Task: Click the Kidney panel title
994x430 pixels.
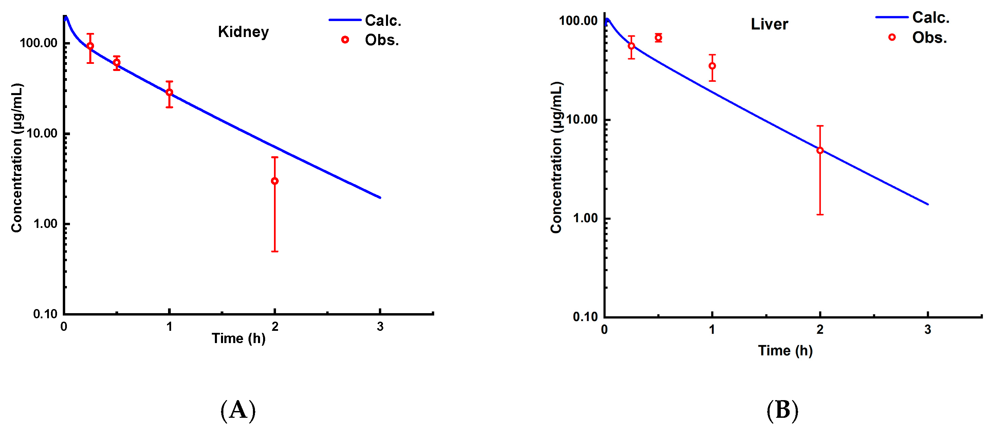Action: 243,32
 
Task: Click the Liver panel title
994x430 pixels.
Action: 769,24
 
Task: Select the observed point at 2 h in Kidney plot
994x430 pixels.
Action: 275,181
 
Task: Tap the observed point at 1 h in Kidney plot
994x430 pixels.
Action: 169,93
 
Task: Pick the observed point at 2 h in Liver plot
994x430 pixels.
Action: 820,150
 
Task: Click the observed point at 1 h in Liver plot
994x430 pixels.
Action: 712,66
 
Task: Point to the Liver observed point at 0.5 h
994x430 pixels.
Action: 658,37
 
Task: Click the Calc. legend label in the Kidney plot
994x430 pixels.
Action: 383,20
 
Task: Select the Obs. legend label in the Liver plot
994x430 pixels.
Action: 929,38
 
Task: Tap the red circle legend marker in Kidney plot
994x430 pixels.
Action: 345,40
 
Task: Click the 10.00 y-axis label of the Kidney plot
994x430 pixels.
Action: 42,133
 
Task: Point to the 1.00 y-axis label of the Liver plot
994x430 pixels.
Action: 585,218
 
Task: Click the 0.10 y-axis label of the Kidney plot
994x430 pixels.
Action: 45,314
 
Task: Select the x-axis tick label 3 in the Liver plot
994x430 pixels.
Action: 927,330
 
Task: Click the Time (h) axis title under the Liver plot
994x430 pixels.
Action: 785,351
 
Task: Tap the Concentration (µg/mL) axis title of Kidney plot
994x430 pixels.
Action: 17,158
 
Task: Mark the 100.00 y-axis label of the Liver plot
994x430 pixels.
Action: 578,21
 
